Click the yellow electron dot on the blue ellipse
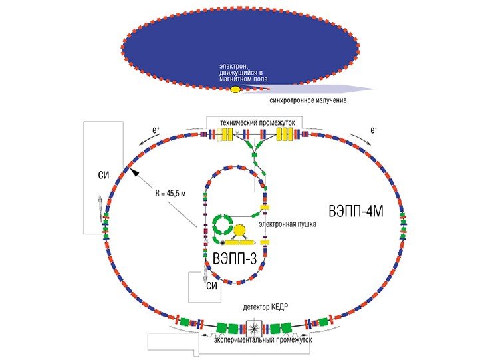pos(235,90)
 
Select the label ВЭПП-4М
pos(356,211)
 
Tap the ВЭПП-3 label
pos(235,259)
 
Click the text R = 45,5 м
pos(170,193)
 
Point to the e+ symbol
pos(156,130)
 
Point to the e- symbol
pos(373,130)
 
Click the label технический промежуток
pos(257,123)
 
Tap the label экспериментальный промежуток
pos(263,340)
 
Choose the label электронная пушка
pos(287,224)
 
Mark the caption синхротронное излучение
pos(308,100)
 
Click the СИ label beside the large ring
pos(104,175)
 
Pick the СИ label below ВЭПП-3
pos(212,286)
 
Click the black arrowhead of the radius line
pos(134,172)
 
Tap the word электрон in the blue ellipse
pos(230,66)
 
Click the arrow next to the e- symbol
pos(360,139)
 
